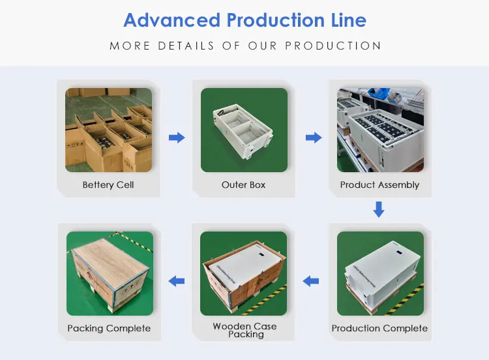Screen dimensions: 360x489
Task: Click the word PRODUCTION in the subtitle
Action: click(x=334, y=46)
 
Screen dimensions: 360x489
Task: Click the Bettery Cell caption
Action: click(x=108, y=185)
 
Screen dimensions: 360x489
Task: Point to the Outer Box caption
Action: click(x=243, y=185)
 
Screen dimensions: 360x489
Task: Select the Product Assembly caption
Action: click(x=379, y=185)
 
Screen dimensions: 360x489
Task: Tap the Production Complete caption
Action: click(x=379, y=328)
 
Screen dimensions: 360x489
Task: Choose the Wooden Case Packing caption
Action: click(x=244, y=330)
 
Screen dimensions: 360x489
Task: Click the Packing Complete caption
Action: click(x=109, y=328)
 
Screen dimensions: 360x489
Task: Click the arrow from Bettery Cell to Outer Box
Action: click(x=177, y=138)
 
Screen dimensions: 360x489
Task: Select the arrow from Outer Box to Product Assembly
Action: click(x=314, y=138)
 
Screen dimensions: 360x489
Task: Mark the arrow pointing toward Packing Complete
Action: click(x=176, y=281)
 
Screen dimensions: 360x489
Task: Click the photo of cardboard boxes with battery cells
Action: click(x=108, y=130)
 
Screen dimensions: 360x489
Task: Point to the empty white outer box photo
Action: click(x=244, y=130)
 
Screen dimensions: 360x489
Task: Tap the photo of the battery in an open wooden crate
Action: click(x=244, y=273)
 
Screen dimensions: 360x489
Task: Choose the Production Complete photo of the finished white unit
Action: click(x=379, y=273)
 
